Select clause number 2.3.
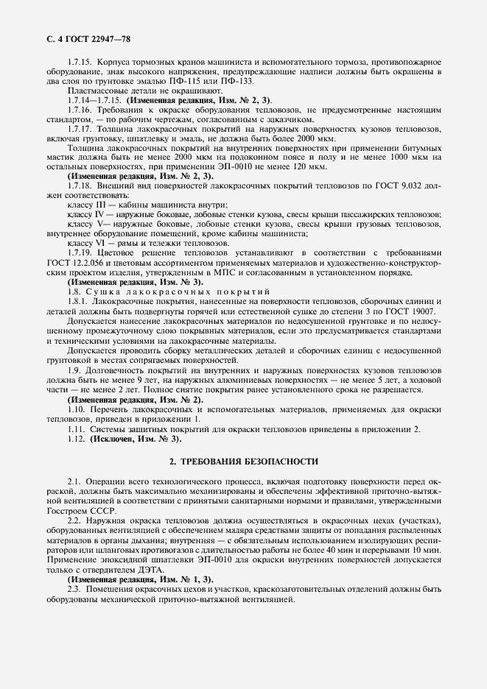74,590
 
